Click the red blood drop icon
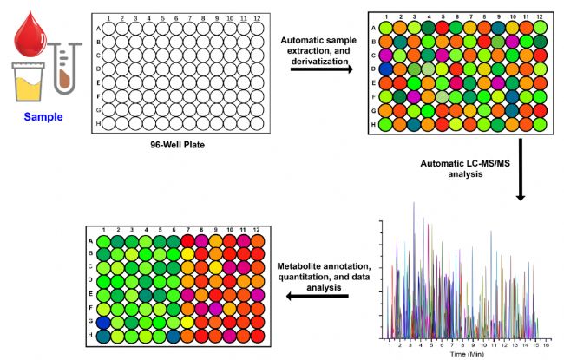(x=30, y=31)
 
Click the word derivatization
(x=320, y=52)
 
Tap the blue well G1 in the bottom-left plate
(x=103, y=321)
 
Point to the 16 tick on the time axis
(x=547, y=344)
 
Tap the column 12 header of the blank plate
(x=256, y=17)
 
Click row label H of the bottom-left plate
(x=90, y=335)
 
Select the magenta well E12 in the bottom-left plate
(x=259, y=295)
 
